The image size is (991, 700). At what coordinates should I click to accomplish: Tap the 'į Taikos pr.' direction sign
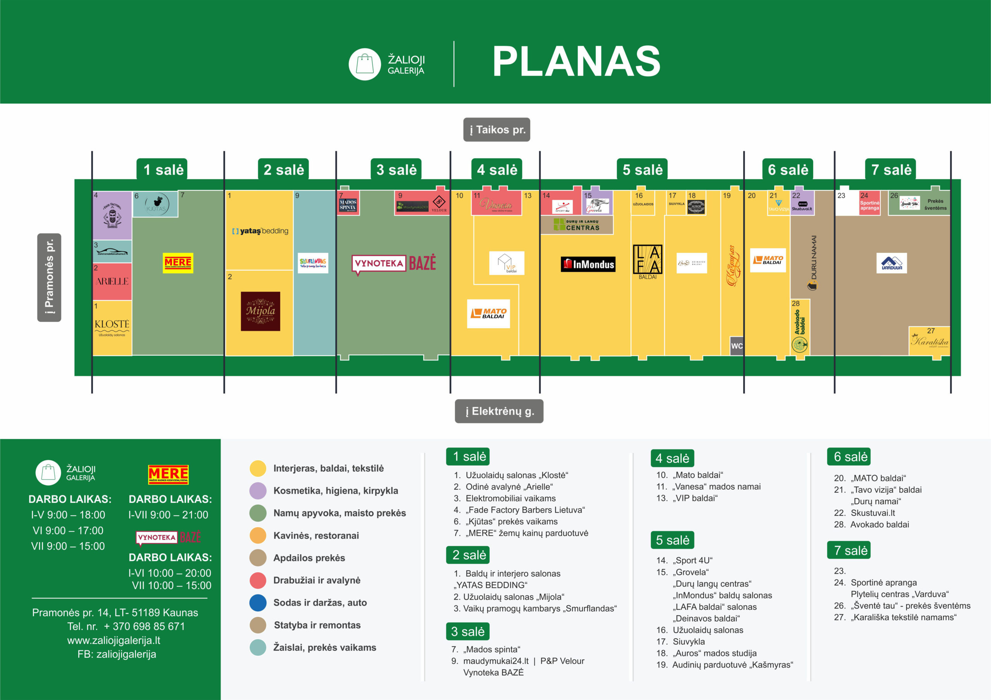pos(497,130)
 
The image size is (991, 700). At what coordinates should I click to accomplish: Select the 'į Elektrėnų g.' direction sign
pos(499,411)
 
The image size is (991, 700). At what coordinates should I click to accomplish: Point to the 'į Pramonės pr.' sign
pos(49,277)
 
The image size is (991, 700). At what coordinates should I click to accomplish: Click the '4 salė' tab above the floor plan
pos(497,169)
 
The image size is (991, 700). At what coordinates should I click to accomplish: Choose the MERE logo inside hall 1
pos(178,263)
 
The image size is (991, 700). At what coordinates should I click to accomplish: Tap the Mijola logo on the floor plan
pos(260,311)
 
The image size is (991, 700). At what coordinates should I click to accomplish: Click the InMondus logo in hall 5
pos(588,264)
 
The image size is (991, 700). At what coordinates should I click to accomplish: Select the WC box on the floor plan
pos(737,346)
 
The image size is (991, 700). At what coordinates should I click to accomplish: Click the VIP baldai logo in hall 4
pos(507,263)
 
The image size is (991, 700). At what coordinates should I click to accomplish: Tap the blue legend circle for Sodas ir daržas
pos(258,603)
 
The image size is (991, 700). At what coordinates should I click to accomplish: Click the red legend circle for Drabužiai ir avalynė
pos(258,580)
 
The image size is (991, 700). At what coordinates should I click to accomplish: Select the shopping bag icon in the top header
pos(365,64)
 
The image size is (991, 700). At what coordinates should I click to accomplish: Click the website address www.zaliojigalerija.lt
pos(113,640)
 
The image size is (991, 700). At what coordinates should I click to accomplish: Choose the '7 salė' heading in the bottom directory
pos(849,550)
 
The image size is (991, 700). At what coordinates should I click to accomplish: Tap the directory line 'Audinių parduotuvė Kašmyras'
pos(732,665)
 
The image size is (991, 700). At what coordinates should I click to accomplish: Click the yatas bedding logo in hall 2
pos(260,231)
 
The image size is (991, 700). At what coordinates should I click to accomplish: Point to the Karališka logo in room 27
pos(929,341)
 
